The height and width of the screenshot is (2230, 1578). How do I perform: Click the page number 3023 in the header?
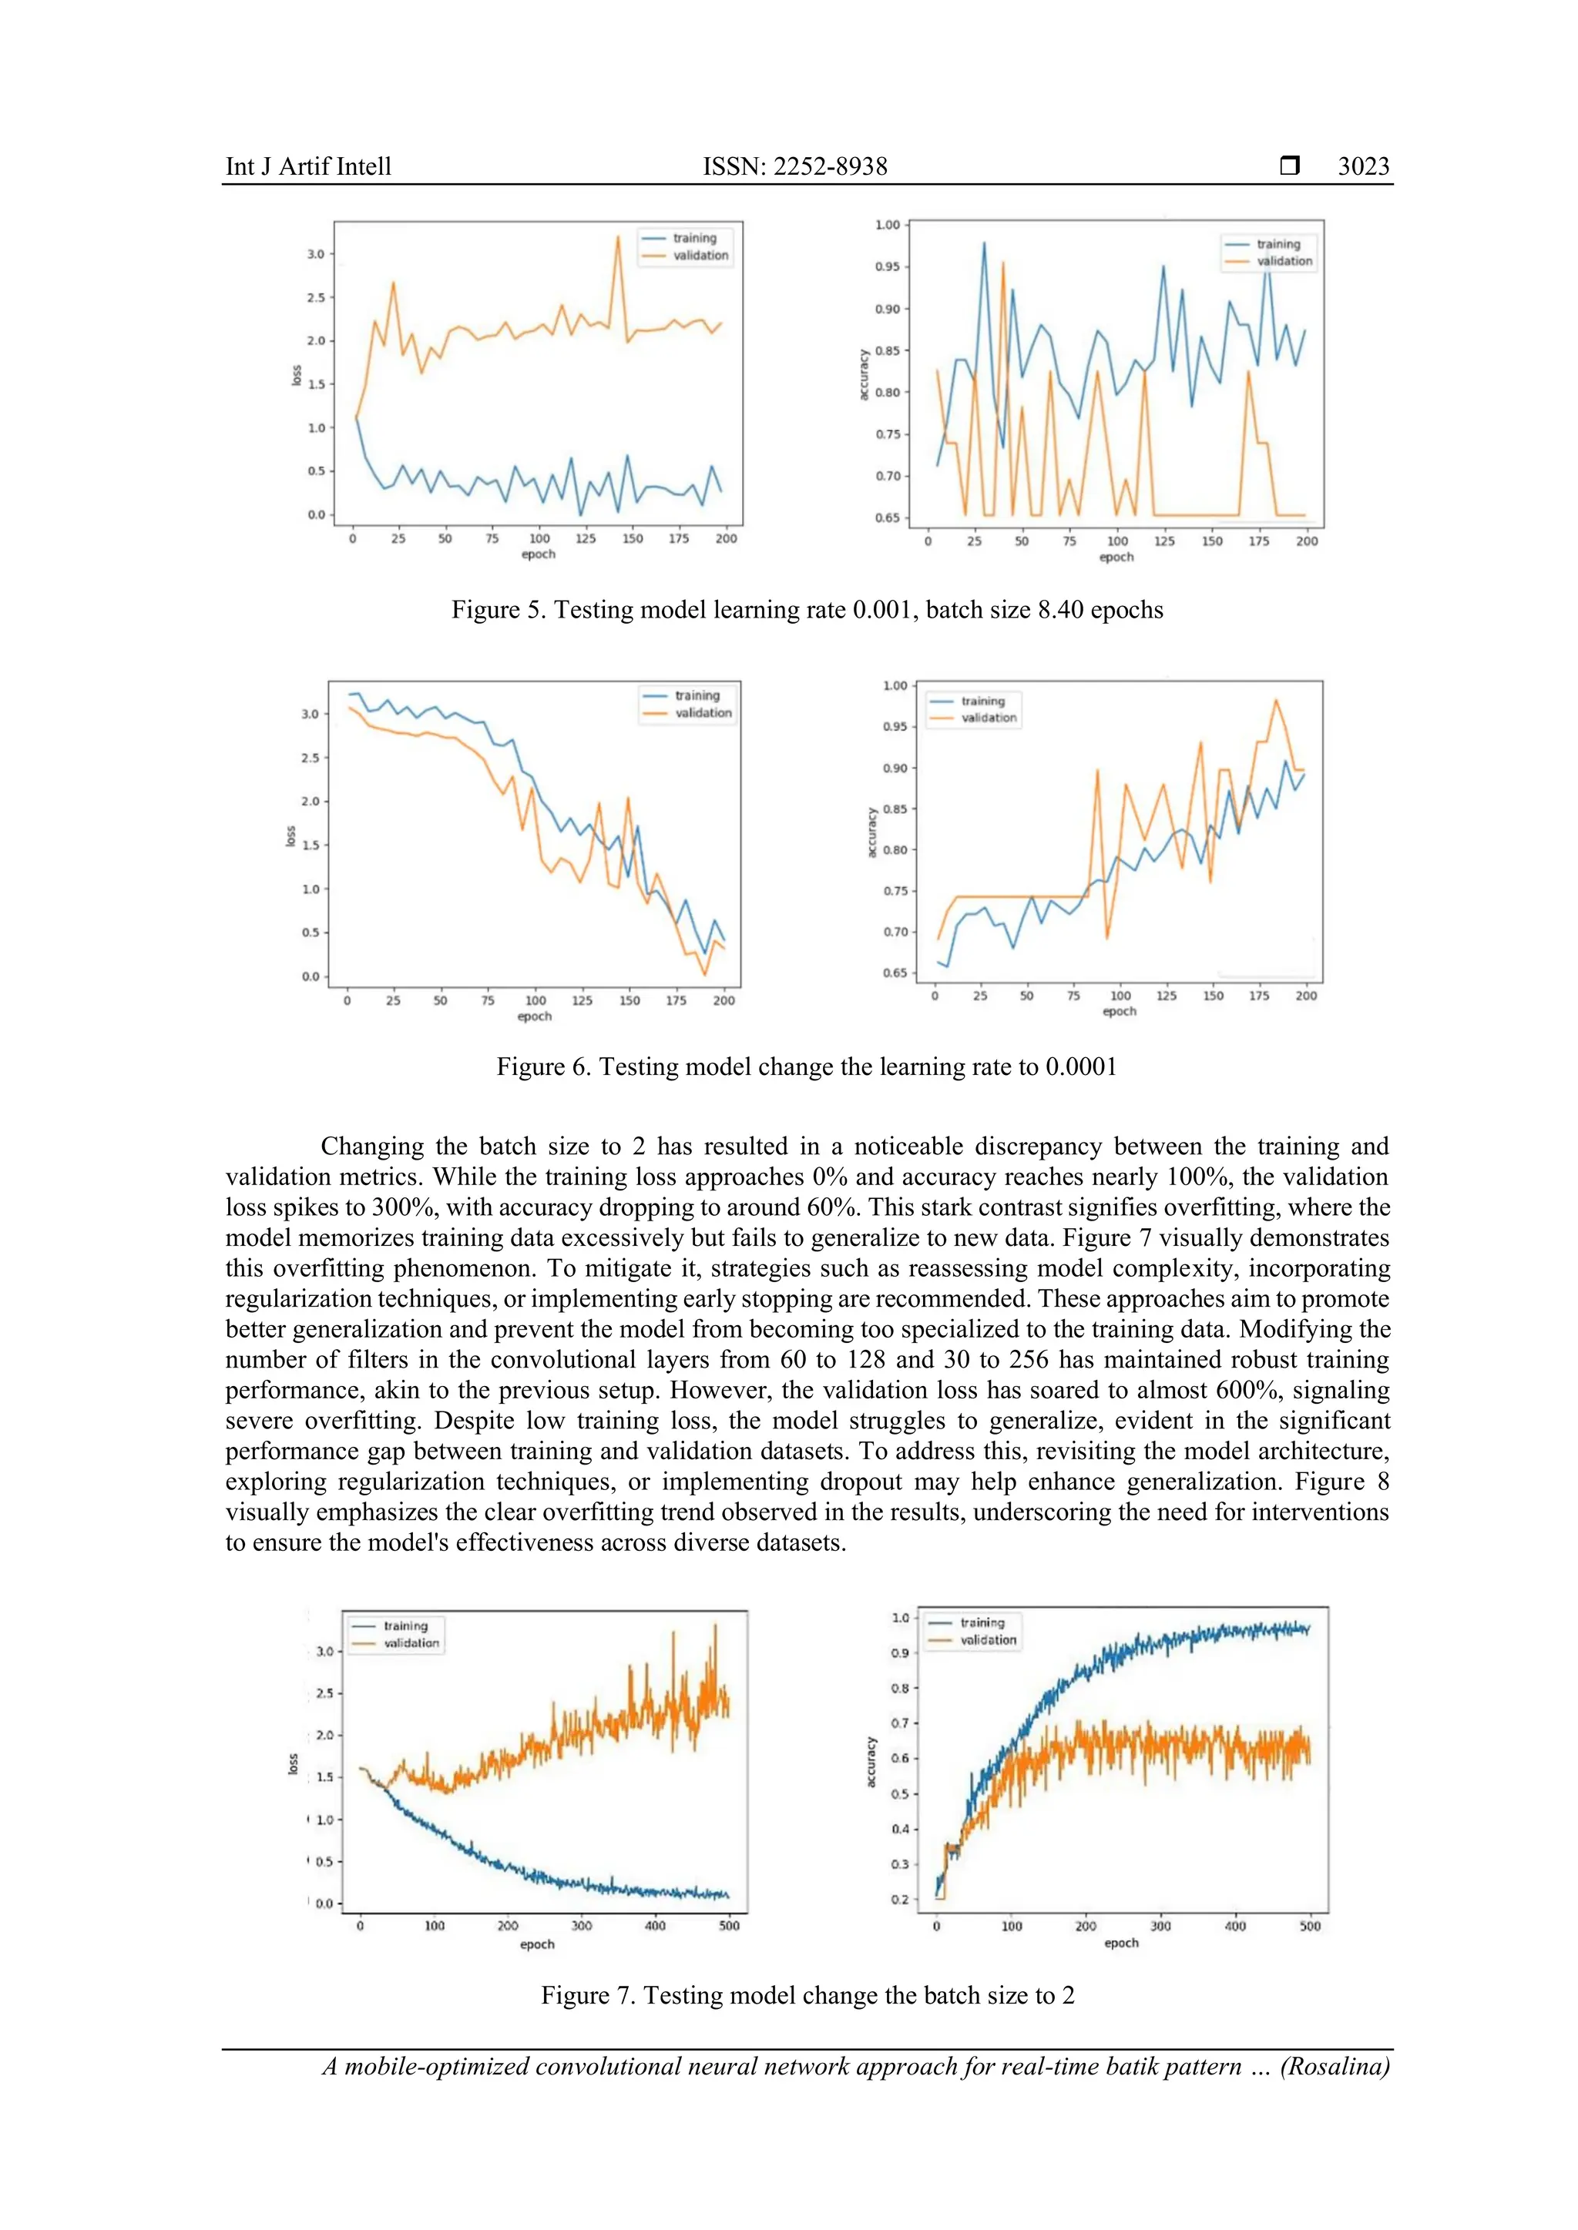(1362, 166)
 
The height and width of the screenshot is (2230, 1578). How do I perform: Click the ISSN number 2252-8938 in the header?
(830, 166)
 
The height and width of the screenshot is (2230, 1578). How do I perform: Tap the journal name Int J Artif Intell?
(308, 166)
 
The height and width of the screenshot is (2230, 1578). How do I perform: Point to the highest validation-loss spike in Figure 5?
(618, 237)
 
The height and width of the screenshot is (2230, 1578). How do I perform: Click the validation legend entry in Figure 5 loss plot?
(700, 256)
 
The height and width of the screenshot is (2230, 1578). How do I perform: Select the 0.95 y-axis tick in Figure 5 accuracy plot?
(887, 267)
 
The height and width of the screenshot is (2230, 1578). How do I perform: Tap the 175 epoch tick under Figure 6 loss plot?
(677, 1000)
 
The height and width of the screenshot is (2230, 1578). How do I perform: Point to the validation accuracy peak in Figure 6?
(1276, 700)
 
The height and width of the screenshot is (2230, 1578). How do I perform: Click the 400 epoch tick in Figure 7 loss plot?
(655, 1925)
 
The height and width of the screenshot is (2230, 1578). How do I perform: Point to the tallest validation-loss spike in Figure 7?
(715, 1625)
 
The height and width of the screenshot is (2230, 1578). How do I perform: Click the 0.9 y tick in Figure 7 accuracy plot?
(900, 1653)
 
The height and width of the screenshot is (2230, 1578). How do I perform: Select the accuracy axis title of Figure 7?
(871, 1762)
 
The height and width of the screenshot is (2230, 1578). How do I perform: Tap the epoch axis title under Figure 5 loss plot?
(539, 554)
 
